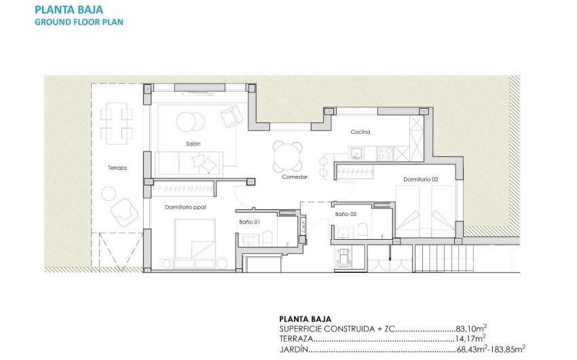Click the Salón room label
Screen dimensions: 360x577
tap(193, 143)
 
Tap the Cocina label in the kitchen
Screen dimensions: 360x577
tap(360, 132)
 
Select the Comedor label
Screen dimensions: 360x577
tap(295, 177)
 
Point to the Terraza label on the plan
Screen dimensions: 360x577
tap(117, 167)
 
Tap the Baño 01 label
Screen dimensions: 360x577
tap(248, 221)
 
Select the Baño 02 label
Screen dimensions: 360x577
tap(346, 214)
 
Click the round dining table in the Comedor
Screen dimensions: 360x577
tap(288, 157)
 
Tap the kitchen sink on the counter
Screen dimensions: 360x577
tap(358, 151)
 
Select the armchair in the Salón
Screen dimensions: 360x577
tap(231, 115)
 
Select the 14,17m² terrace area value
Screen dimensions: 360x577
tap(469, 338)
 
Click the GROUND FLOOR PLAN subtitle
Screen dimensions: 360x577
tap(79, 22)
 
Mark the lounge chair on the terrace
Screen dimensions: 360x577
tap(124, 209)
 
